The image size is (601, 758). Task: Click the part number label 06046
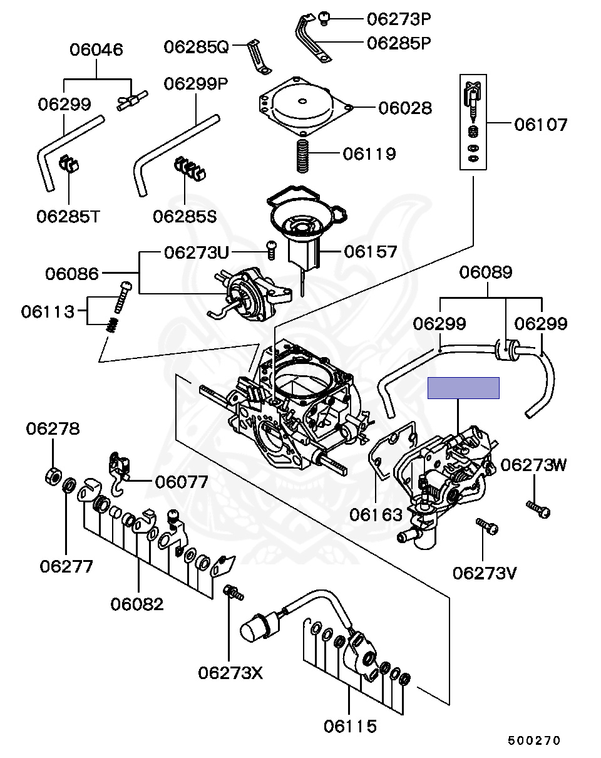click(x=96, y=49)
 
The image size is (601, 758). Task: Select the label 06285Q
click(x=197, y=47)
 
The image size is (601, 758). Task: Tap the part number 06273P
click(x=399, y=19)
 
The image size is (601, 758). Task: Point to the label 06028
click(x=404, y=108)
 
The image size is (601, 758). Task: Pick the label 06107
click(x=541, y=125)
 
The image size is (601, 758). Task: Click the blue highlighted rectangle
click(x=463, y=388)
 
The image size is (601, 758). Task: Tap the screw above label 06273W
click(x=538, y=509)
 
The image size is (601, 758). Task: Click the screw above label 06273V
click(x=486, y=526)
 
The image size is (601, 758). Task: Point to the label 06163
click(x=376, y=515)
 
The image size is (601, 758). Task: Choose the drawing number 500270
click(x=533, y=740)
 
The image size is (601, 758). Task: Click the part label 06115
click(x=350, y=726)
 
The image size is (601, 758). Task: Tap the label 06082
click(x=137, y=604)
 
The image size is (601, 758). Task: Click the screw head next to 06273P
click(x=325, y=18)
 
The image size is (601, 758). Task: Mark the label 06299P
click(x=196, y=83)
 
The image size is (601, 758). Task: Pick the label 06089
click(x=486, y=272)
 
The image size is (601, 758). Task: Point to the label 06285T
click(x=68, y=216)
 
